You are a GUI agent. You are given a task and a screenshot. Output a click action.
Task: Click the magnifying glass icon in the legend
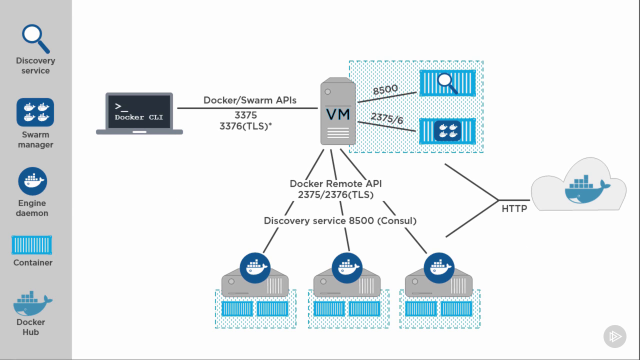[x=35, y=38]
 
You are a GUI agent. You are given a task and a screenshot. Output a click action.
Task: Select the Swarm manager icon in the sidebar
[x=35, y=112]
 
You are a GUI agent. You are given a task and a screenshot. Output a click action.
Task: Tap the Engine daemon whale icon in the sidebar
[x=32, y=181]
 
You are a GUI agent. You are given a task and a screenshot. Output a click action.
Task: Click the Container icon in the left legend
[x=31, y=245]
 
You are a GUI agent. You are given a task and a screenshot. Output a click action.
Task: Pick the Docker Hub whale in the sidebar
[x=32, y=303]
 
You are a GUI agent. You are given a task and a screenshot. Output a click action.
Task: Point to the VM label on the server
[x=338, y=114]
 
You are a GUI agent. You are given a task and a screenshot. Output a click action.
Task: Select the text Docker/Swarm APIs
[x=249, y=100]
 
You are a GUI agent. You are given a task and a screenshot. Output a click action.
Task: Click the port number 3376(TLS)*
[x=245, y=126]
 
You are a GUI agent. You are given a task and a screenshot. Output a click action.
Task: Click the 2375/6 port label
[x=386, y=118]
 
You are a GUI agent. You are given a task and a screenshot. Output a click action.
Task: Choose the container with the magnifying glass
[x=447, y=82]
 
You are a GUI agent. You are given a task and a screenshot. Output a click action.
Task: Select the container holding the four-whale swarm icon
[x=447, y=131]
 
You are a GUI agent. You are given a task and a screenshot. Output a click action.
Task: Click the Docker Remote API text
[x=335, y=183]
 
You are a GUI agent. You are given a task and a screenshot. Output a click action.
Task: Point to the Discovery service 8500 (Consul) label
[x=340, y=220]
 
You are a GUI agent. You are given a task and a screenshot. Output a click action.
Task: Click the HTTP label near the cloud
[x=514, y=208]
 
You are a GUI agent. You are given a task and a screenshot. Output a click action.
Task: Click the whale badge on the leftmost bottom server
[x=255, y=268]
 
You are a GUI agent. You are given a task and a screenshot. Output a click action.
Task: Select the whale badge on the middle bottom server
[x=347, y=268]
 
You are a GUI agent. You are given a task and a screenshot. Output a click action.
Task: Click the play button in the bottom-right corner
[x=615, y=336]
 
